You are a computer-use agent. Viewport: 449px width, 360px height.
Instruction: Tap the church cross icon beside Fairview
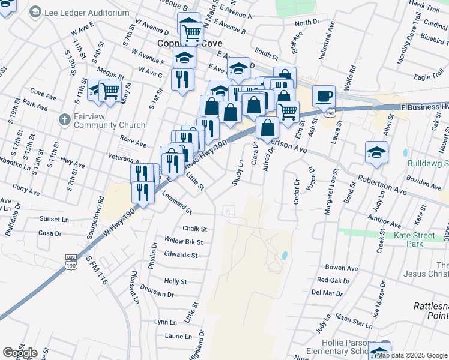pyautogui.click(x=65, y=119)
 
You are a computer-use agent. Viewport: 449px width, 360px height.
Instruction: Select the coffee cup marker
pyautogui.click(x=324, y=96)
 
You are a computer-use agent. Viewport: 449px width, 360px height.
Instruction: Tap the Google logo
pyautogui.click(x=20, y=353)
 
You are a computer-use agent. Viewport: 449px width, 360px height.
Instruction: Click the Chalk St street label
pyautogui.click(x=194, y=229)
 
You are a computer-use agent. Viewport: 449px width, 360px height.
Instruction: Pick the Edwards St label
pyautogui.click(x=181, y=255)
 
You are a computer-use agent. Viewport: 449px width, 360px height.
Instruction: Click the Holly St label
pyautogui.click(x=175, y=281)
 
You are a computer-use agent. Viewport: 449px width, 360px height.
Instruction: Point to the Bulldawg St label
pyautogui.click(x=427, y=163)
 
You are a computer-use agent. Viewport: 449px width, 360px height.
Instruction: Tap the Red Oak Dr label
pyautogui.click(x=333, y=280)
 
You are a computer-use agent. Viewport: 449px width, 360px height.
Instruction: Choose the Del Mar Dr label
pyautogui.click(x=327, y=293)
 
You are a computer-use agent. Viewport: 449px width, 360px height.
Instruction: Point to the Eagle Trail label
pyautogui.click(x=428, y=77)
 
